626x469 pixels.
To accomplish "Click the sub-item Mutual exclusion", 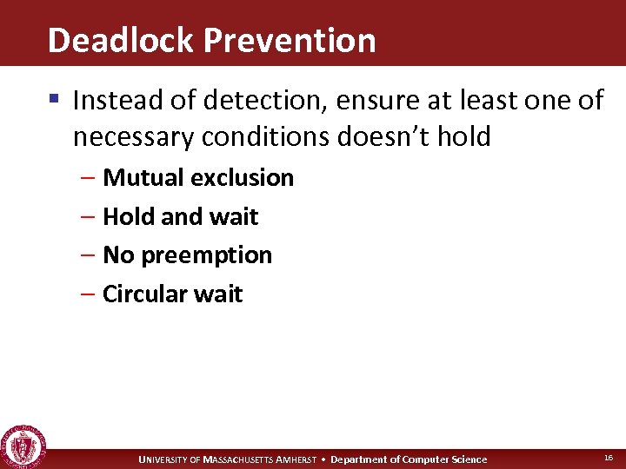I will pos(198,178).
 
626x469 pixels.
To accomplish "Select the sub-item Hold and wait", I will pos(180,216).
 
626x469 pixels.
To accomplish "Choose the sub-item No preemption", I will pos(187,255).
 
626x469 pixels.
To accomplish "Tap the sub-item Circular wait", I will pos(172,294).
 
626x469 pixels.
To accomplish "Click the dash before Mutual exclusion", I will pos(91,178).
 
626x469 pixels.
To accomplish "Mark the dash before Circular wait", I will pos(91,294).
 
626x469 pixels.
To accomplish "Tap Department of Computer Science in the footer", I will pos(409,459).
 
